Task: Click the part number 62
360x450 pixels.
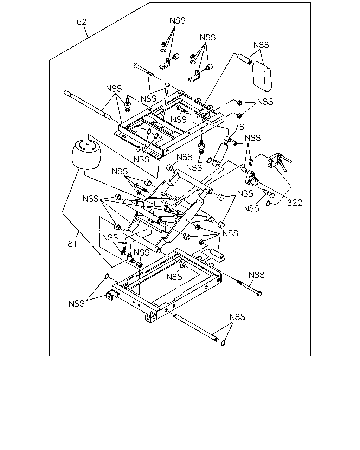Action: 82,22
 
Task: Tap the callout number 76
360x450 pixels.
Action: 239,127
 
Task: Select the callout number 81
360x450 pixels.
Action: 72,244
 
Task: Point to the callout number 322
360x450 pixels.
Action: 295,202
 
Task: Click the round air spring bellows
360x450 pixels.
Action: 86,155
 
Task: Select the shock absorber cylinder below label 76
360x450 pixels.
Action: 221,152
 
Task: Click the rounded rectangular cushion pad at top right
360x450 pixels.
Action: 262,77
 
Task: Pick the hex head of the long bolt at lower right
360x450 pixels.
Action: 259,294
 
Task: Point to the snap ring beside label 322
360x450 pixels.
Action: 268,203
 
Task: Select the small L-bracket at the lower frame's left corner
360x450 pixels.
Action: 110,296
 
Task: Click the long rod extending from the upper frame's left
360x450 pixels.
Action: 88,105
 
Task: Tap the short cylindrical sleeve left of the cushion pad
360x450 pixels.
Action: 244,59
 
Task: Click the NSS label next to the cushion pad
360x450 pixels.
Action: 261,45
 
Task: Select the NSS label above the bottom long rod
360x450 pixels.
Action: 237,317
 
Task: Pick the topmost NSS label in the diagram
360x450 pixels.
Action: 178,20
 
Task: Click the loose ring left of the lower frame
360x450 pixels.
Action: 107,276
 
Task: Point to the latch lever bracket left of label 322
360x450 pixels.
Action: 252,178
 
